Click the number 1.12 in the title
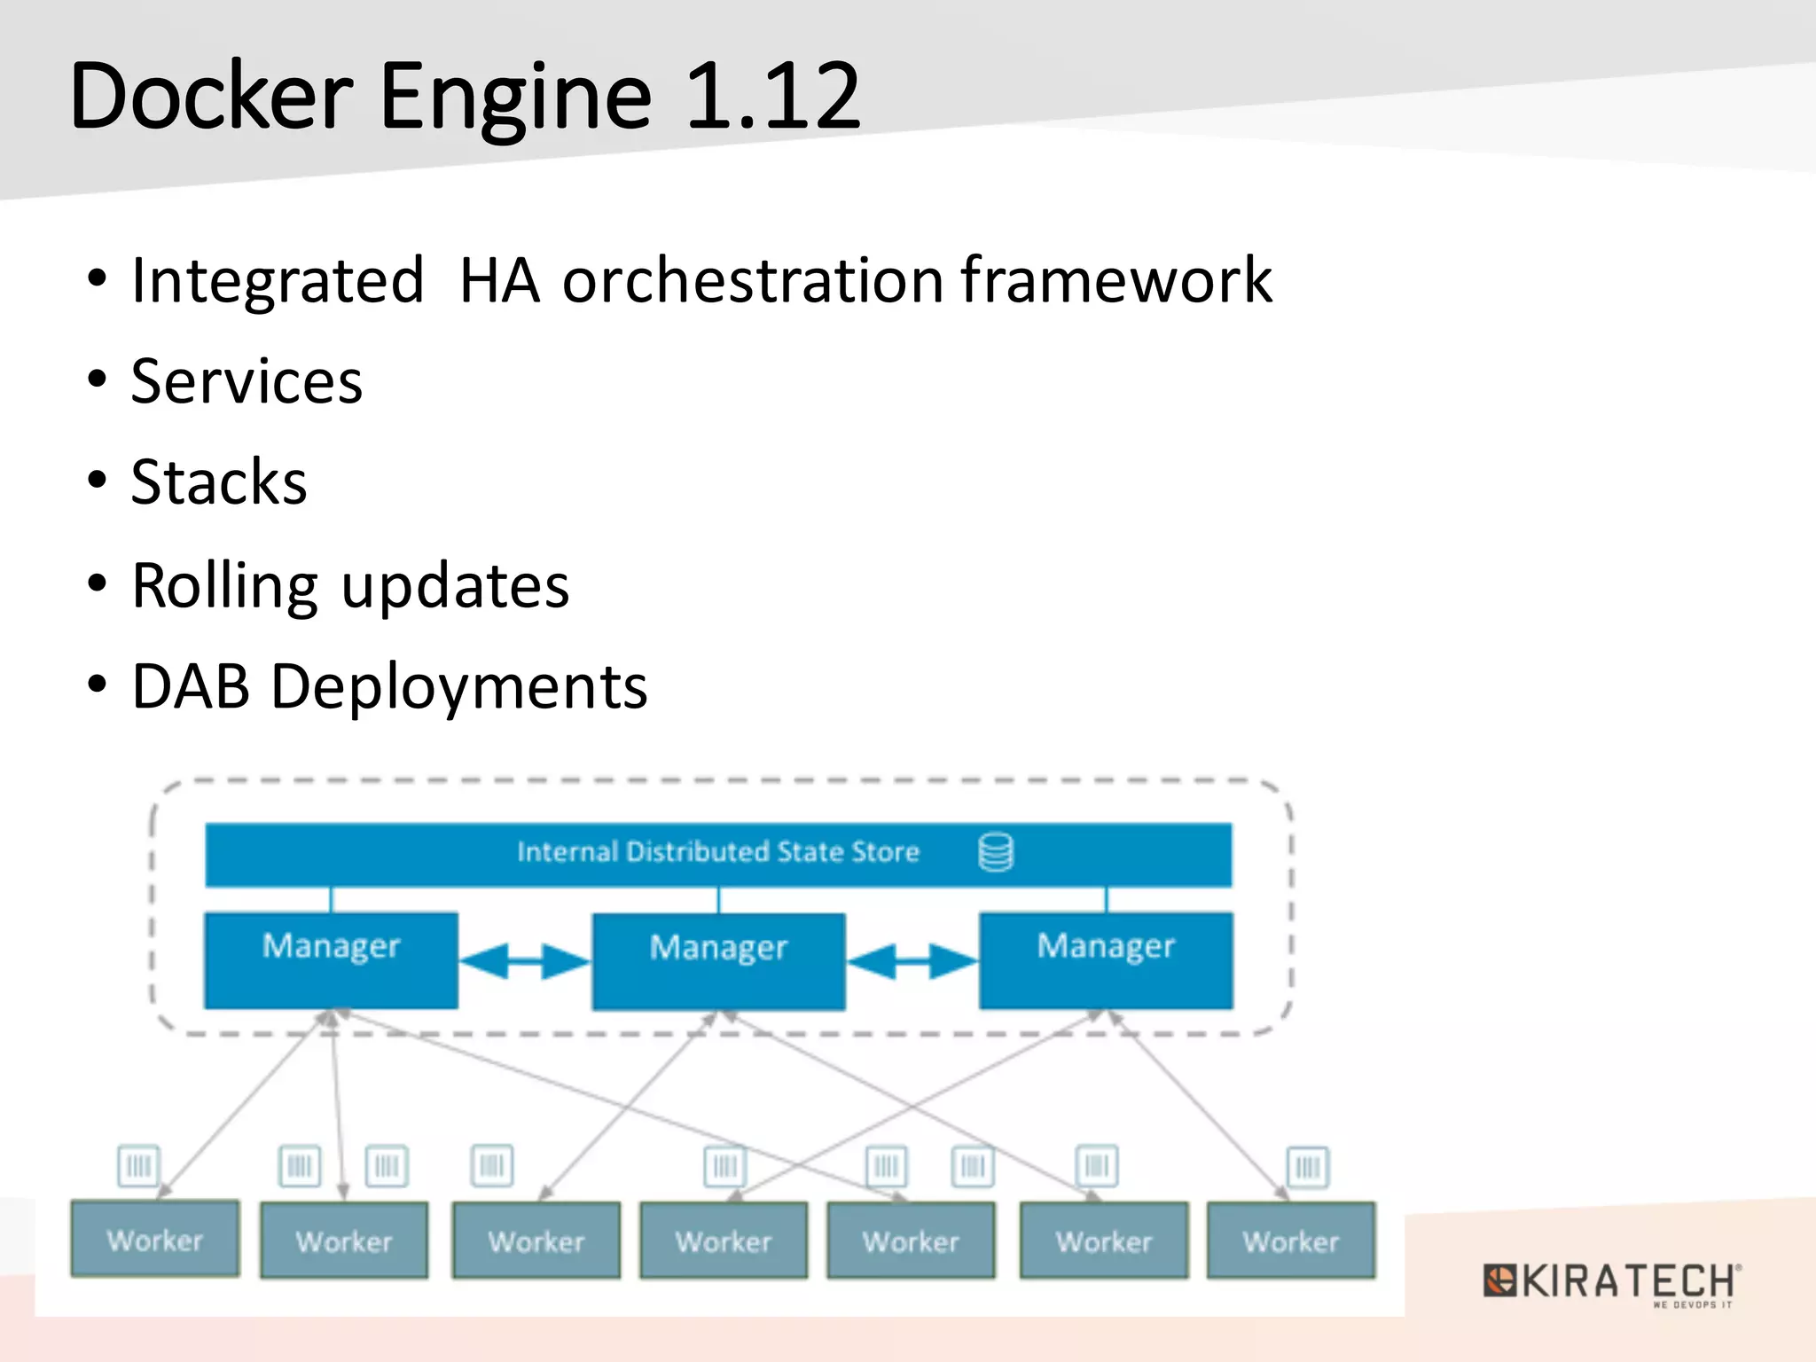pos(771,96)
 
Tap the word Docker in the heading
pos(211,96)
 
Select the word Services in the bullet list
pos(247,381)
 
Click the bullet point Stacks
pos(218,482)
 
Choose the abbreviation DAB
pos(191,686)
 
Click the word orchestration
pos(752,280)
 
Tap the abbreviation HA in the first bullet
pos(499,280)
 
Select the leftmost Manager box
pos(331,960)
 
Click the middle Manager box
pos(718,961)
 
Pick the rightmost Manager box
pos(1106,960)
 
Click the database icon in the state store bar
pos(996,852)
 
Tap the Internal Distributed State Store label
pos(718,852)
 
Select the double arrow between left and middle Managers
pos(525,961)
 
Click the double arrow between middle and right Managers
pos(912,961)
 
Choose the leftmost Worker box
pos(155,1239)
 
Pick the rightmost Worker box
pos(1291,1241)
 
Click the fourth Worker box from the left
pos(724,1241)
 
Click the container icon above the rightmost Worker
pos(1308,1166)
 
